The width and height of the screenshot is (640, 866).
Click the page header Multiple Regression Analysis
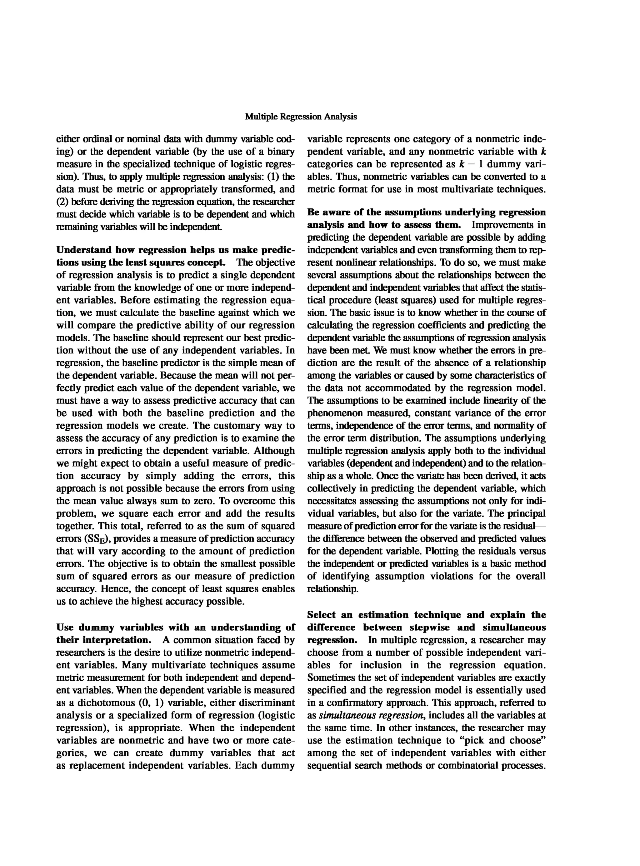pyautogui.click(x=301, y=117)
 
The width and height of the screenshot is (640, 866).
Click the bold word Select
pyautogui.click(x=321, y=615)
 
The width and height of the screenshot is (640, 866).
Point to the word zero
pyautogui.click(x=202, y=501)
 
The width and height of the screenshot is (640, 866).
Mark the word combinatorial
pyautogui.click(x=467, y=766)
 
